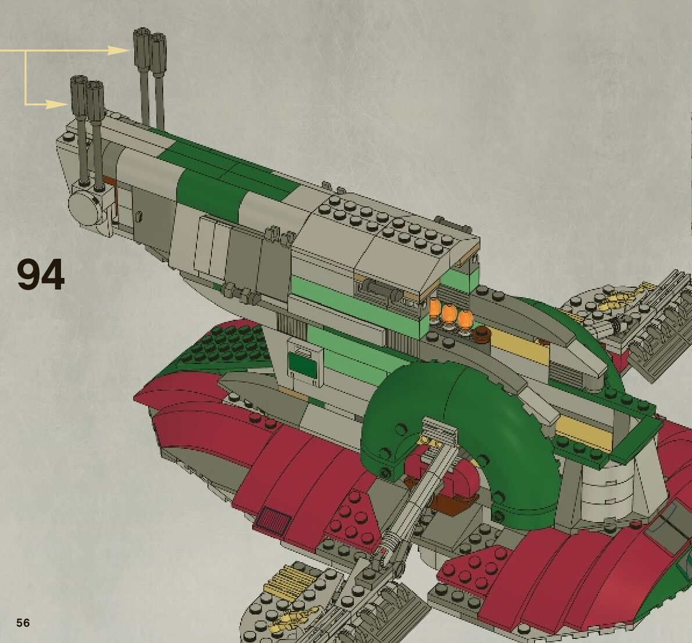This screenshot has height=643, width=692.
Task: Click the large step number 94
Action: [40, 274]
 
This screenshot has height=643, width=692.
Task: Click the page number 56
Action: [23, 623]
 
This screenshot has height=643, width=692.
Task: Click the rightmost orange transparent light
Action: [465, 320]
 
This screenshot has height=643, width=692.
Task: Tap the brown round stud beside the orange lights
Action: [481, 333]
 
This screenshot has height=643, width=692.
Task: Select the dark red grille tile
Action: [272, 520]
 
